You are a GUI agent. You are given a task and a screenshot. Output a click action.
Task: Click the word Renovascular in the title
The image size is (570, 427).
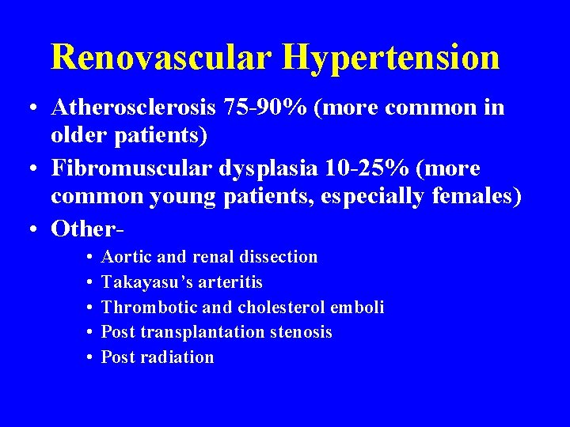pos(161,57)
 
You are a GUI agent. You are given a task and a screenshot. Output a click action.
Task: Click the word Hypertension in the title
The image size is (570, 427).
pos(391,57)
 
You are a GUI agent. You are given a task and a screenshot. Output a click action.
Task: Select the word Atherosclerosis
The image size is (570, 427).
pos(138,108)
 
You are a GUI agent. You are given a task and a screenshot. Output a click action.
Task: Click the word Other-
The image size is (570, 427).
pos(87,229)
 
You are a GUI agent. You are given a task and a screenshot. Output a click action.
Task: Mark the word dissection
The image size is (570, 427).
pos(278,257)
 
